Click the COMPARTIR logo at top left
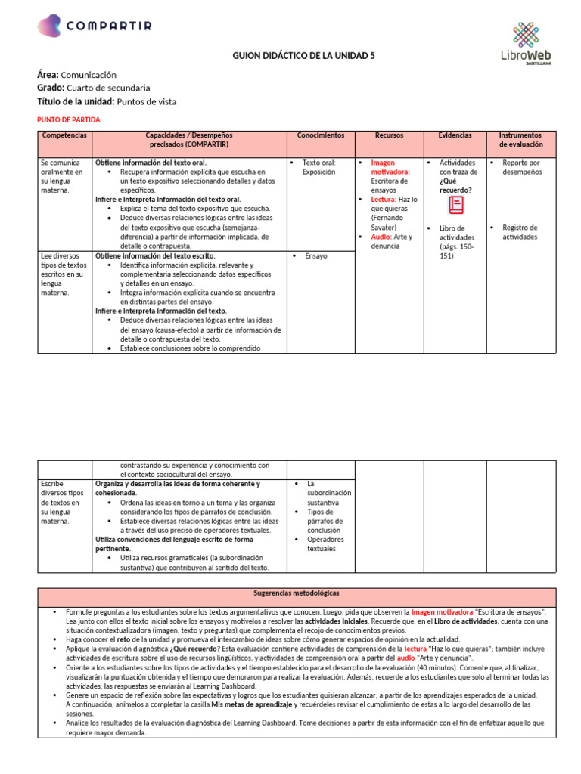pos(95,26)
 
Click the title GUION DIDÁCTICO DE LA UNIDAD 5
pos(303,56)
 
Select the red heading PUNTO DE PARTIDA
pos(68,119)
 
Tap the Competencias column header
pos(64,135)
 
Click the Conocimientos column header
pos(320,135)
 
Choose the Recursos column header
pos(389,135)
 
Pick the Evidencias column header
pos(455,135)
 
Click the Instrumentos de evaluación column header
pos(520,139)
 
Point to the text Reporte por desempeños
pos(521,167)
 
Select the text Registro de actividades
pos(520,232)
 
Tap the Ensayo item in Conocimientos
pos(315,256)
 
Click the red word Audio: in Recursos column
pos(381,237)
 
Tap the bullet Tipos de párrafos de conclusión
pos(325,521)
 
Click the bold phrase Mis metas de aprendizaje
pos(251,704)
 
